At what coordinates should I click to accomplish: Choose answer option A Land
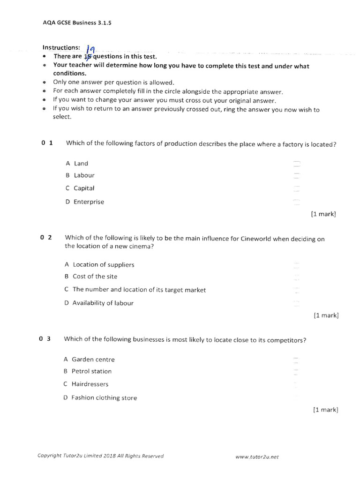[77, 164]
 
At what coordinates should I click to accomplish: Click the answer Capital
[80, 188]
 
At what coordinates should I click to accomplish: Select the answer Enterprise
[85, 202]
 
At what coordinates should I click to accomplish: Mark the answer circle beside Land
[296, 164]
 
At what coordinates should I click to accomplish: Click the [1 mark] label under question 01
[323, 214]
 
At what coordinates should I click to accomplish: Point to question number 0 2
[46, 238]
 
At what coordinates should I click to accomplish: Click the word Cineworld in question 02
[256, 239]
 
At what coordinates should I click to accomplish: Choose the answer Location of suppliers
[99, 265]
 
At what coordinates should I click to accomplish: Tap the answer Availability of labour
[99, 303]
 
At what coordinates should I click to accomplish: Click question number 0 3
[45, 338]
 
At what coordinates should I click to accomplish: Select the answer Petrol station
[88, 371]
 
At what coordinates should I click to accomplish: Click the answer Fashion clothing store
[100, 398]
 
